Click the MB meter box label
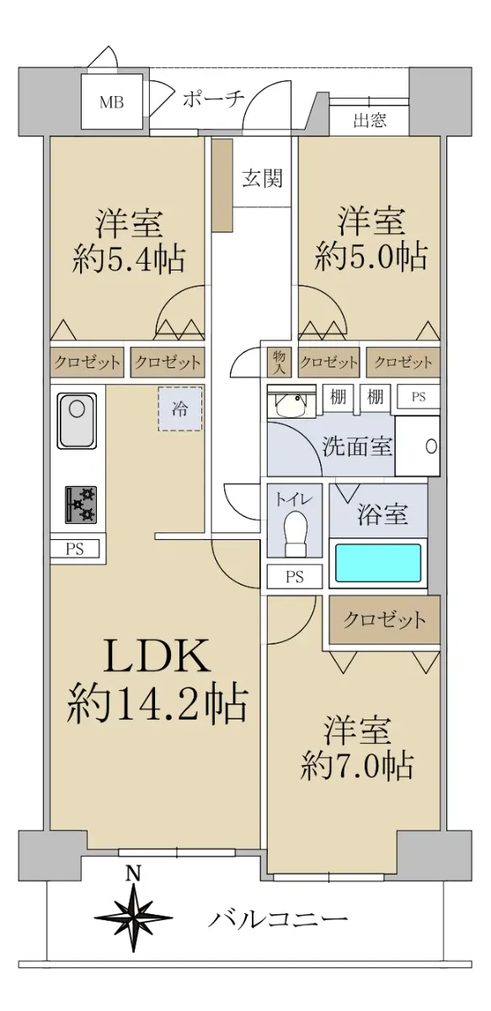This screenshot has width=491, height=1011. coord(111,103)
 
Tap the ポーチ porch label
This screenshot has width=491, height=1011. coord(213,99)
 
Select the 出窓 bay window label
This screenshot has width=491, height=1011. coord(370,120)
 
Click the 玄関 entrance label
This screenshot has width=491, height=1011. coord(263,179)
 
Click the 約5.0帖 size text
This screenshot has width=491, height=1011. coord(371,256)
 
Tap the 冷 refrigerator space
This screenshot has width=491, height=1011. coord(180,409)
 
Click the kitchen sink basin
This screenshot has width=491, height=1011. coord(77,420)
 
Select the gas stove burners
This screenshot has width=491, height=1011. coord(81,505)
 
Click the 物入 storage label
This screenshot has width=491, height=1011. coord(279,362)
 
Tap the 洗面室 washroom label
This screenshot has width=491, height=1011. coord(357,447)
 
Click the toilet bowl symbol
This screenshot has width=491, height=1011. coord(296,534)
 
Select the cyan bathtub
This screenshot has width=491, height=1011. coord(378,563)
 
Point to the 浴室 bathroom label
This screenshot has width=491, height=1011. coord(382,514)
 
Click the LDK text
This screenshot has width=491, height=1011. coord(157,655)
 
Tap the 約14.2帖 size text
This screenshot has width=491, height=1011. coord(157,703)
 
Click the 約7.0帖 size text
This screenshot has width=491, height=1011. coord(357,765)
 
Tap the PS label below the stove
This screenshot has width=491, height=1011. coord(74,549)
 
